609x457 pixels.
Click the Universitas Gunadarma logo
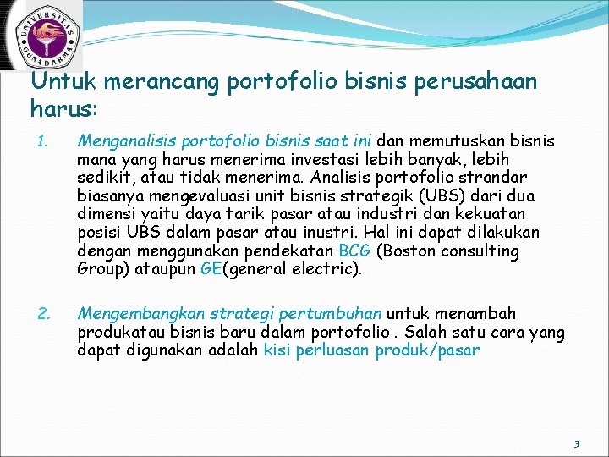42,36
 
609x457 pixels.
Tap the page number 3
576,443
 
